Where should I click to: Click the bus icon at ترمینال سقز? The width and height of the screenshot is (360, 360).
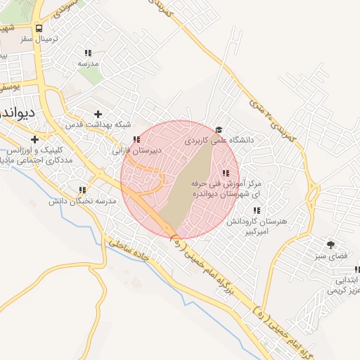point(39,29)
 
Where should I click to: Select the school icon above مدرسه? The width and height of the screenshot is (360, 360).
point(88,53)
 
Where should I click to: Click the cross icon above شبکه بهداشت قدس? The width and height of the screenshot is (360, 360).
point(98,114)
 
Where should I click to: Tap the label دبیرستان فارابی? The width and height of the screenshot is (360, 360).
point(138,150)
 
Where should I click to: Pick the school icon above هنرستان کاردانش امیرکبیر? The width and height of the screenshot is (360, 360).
point(257,210)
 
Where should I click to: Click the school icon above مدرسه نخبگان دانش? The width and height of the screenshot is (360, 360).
point(82,190)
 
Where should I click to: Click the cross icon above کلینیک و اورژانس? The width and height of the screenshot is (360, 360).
point(34,139)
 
